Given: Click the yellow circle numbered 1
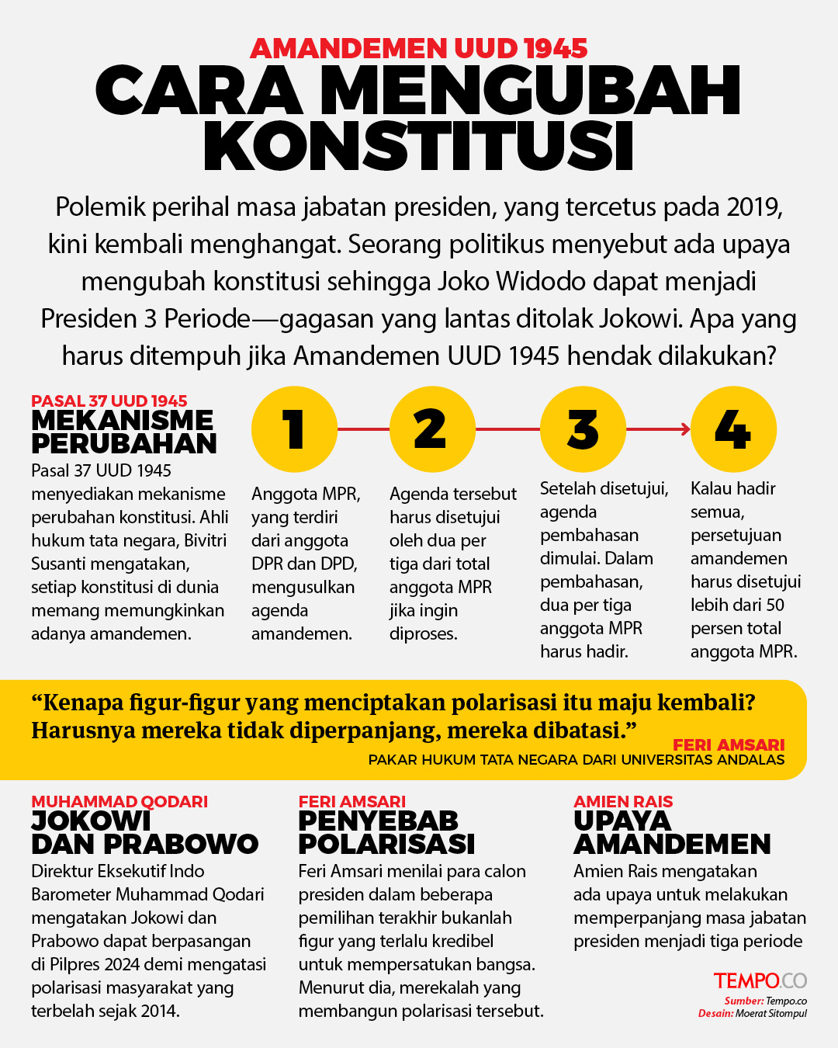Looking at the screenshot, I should point(294,429).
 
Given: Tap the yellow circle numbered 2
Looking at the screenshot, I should point(431,429).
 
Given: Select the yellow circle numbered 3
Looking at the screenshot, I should point(583,429).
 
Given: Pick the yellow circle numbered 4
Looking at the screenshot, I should point(733,429).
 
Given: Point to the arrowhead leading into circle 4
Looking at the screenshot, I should point(686,429).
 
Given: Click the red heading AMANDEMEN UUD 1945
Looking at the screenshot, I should point(418,49).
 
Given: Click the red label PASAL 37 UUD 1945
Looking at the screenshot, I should point(109,401).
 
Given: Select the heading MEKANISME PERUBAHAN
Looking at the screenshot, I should point(123,432).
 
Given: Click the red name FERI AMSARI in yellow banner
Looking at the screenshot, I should point(729,745).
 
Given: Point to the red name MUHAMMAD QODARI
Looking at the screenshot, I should point(119,802).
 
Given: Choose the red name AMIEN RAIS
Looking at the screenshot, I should point(623,802).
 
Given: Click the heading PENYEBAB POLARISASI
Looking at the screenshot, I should point(386,832).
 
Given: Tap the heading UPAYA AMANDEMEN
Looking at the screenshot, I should point(671,832).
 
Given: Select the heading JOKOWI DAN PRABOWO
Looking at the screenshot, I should point(144,832).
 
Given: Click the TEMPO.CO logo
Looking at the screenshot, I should point(760,981).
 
